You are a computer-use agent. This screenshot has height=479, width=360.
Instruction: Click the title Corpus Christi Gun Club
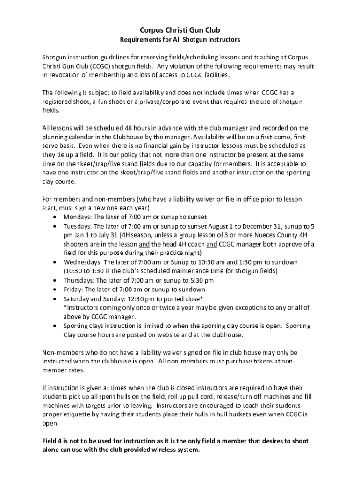click(180, 30)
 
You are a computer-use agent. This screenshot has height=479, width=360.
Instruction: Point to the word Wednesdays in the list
click(81, 262)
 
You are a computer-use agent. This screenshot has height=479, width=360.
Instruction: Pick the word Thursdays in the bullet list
click(78, 280)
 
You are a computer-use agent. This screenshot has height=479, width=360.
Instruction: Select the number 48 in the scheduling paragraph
click(130, 128)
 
